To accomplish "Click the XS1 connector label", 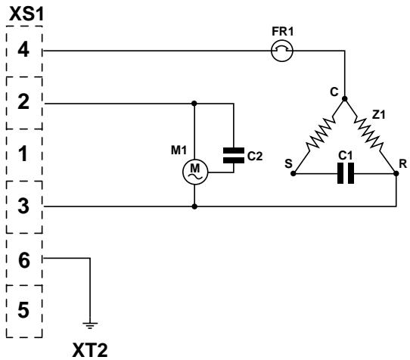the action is pos(26,14).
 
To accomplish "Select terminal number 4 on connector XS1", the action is pos(23,50).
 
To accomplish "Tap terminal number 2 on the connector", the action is pos(23,101).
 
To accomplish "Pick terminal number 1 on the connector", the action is pos(23,154).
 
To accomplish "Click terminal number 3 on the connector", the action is pos(23,206).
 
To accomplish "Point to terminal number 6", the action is pos(24,260).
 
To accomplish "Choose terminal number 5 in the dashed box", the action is pos(23,310).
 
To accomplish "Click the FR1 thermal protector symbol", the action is pos(282,51).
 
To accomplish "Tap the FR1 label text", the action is pos(283,32).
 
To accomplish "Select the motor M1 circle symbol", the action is pos(195,172).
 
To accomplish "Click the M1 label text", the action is pos(179,151).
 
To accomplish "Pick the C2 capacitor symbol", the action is pos(234,155).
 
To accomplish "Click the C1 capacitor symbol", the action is pos(346,173).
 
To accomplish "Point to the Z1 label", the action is pos(379,114).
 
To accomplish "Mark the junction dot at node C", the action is pos(345,98).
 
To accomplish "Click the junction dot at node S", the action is pos(294,173).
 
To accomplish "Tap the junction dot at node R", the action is pos(396,173).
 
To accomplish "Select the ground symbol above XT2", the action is pos(90,325).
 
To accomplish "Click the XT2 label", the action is pos(90,350).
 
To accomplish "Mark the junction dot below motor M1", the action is pos(194,206).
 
